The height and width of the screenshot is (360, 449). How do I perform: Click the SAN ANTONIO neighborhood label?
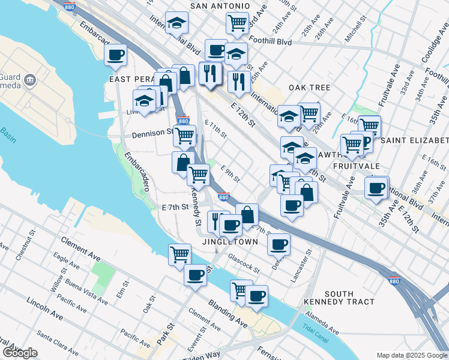(x=220, y=6)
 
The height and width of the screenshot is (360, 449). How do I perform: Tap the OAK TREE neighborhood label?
(x=309, y=88)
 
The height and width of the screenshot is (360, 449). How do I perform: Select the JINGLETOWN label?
(x=230, y=242)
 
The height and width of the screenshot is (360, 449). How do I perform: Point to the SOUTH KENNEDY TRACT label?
(x=339, y=298)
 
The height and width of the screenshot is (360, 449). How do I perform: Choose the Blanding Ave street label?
(x=228, y=314)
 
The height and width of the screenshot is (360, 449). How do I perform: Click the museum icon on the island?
(x=29, y=80)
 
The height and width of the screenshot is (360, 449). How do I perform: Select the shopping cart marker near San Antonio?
(x=237, y=23)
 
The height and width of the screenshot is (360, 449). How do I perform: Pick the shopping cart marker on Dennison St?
(x=184, y=135)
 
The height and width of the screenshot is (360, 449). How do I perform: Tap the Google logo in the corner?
(x=19, y=353)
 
